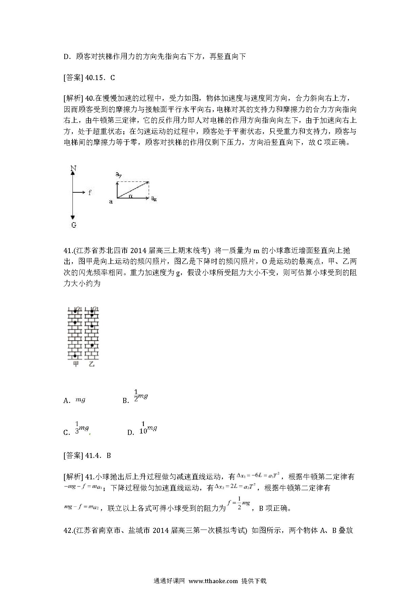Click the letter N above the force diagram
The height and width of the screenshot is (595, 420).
73,168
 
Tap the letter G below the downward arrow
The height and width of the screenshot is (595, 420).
73,225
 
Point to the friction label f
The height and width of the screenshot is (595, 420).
90,193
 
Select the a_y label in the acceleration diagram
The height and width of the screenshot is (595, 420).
119,175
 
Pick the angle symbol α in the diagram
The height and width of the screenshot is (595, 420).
130,196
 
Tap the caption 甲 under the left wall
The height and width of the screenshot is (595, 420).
76,364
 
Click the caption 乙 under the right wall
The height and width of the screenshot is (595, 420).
91,364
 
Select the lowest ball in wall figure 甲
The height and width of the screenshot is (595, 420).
75,356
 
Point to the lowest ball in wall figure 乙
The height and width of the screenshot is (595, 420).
92,345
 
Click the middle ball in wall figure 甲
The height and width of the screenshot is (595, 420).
75,322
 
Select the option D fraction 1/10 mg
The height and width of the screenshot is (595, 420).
148,428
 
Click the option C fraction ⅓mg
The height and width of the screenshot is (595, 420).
82,428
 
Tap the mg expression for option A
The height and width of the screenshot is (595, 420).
80,400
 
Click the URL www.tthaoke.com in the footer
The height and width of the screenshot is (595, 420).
213,581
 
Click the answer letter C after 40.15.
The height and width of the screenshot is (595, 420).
113,78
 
